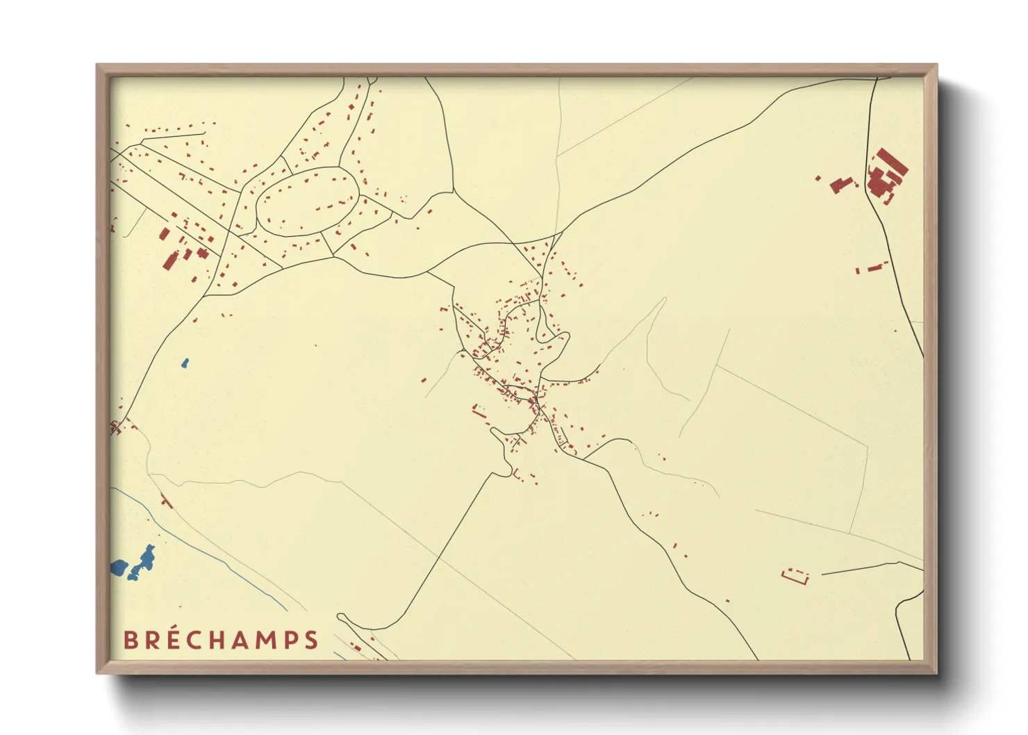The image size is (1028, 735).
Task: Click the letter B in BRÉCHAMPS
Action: pos(130,640)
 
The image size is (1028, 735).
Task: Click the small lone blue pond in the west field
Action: pos(185,363)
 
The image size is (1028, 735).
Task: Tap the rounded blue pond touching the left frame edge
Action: pos(119,568)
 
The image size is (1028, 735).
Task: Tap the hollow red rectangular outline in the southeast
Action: pos(796,576)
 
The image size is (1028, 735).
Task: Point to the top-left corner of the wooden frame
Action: pos(97,65)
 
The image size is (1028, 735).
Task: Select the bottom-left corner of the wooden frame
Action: pos(97,672)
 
